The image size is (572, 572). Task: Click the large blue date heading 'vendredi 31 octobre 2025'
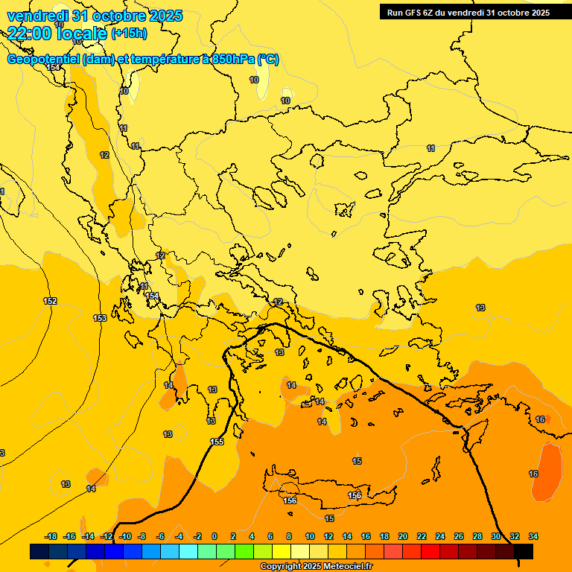point(95,16)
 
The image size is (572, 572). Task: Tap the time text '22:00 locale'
point(57,33)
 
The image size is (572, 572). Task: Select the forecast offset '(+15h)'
point(129,33)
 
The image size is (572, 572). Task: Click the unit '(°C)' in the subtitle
point(267,60)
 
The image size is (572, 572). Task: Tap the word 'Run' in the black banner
point(395,12)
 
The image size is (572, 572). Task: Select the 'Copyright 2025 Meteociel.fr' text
point(317,567)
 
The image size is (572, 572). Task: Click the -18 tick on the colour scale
point(51,536)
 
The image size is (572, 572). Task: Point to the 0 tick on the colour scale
point(214,536)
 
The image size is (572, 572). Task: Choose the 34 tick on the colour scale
point(533,536)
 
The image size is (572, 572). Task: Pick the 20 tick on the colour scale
point(403,536)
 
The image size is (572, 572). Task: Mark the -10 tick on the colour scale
point(125,536)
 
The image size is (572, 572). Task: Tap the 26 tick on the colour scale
point(459,536)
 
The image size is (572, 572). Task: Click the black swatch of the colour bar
point(524,551)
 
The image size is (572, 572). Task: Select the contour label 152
point(50,301)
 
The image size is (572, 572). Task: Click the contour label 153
point(100,318)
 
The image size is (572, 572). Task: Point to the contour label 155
point(217,442)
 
